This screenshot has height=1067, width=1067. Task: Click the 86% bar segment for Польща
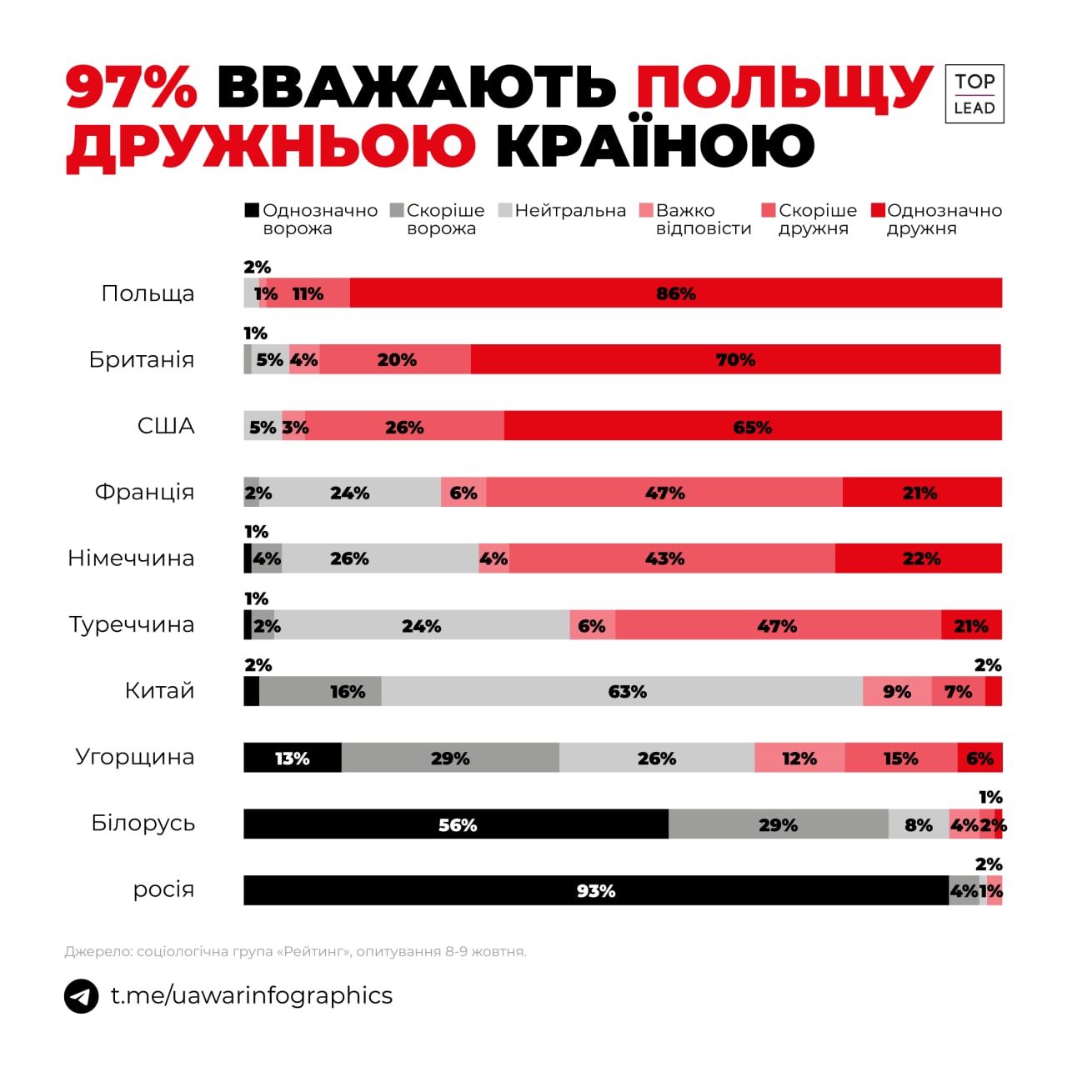click(x=675, y=293)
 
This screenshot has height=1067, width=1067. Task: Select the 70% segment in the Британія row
click(x=735, y=359)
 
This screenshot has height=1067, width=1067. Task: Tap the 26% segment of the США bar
click(x=404, y=426)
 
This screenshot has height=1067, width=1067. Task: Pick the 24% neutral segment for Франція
click(x=349, y=492)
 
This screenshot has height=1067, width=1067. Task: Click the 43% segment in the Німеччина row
click(x=664, y=558)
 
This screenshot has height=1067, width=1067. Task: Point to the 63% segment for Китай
click(x=627, y=691)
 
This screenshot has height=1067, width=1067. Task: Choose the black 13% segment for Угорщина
click(x=292, y=758)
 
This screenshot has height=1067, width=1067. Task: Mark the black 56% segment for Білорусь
click(x=457, y=824)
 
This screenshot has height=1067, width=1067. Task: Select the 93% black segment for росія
click(x=595, y=890)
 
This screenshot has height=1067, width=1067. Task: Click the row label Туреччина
click(x=132, y=624)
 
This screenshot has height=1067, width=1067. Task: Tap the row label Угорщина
click(x=135, y=757)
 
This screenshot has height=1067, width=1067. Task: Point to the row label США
click(x=166, y=426)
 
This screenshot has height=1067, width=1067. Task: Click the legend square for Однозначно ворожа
click(x=252, y=210)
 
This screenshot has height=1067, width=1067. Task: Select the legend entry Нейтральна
click(x=569, y=211)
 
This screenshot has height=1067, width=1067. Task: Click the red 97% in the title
click(x=132, y=86)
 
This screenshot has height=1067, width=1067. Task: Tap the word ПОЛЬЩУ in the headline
click(x=784, y=86)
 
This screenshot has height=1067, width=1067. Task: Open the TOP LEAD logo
click(x=974, y=94)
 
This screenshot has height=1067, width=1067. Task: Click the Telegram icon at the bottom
click(x=82, y=995)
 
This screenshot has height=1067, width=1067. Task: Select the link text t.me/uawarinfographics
click(x=252, y=995)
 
